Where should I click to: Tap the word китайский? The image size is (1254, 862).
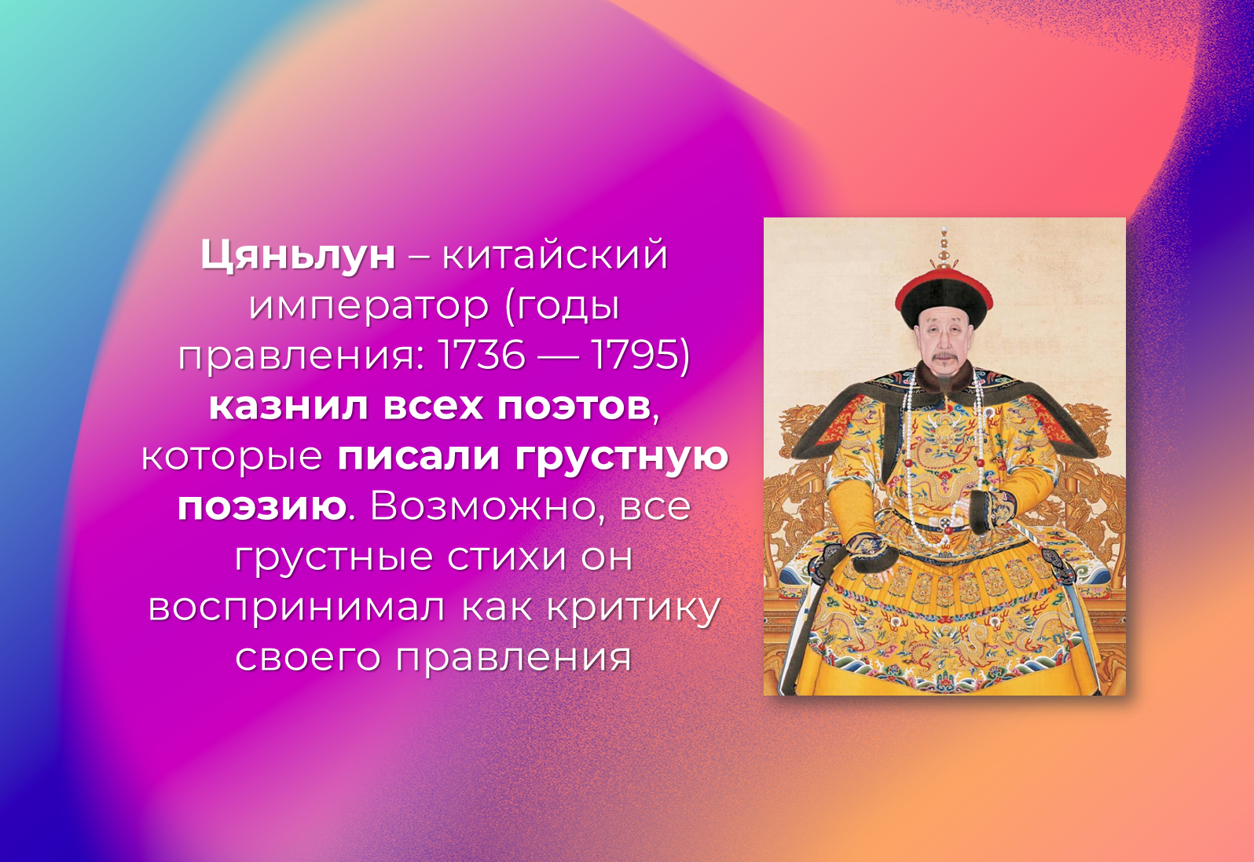click(555, 255)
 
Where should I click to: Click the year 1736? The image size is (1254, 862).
click(482, 355)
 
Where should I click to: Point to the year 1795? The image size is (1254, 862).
click(635, 355)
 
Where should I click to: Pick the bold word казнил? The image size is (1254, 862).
click(288, 406)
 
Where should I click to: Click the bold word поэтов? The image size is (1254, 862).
click(574, 407)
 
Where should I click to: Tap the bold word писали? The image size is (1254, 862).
click(418, 457)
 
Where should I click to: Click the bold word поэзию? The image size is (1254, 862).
click(262, 507)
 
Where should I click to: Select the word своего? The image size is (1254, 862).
click(308, 658)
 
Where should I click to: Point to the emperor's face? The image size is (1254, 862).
click(944, 342)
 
